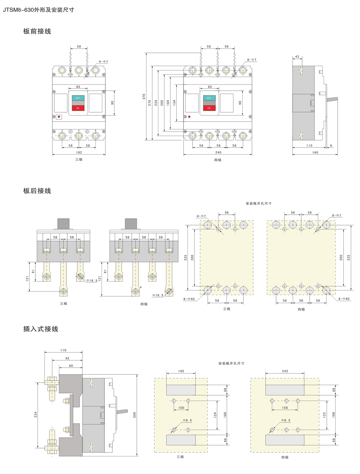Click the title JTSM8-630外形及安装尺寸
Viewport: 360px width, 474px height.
coord(39,10)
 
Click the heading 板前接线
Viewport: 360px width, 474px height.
coord(37,31)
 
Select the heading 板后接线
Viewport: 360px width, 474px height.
coord(37,191)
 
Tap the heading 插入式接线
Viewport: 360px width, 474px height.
coord(41,329)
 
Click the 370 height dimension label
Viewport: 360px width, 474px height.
coord(144,96)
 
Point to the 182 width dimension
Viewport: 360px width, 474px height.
coord(79,152)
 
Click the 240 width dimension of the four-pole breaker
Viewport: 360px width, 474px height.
coord(218,152)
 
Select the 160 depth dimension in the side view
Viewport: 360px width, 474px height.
coord(315,152)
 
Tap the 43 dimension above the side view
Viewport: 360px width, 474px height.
coord(297,57)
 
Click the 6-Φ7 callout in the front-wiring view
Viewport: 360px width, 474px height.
coord(252,60)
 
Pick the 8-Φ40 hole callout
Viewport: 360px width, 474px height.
coord(344,299)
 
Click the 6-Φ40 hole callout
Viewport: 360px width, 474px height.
coord(189,299)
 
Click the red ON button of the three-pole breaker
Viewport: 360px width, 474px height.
coord(78,108)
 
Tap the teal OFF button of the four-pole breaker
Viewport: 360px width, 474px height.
coord(209,98)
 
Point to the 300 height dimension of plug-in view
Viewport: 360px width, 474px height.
coord(135,415)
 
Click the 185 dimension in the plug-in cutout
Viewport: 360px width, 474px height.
coord(181,371)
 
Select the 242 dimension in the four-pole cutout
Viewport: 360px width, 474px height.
coord(285,371)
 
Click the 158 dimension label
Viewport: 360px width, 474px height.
coord(285,408)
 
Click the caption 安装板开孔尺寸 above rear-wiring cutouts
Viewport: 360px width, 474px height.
coord(258,204)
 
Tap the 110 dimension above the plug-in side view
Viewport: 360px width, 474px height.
coord(63,350)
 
